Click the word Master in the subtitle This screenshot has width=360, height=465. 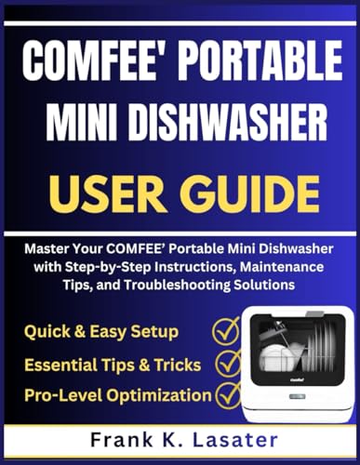point(44,249)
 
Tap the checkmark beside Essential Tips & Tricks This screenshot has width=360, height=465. point(228,364)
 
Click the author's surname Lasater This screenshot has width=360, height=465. point(234,440)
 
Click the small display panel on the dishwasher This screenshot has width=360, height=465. point(297,396)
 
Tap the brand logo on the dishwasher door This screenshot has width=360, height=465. point(297,379)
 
